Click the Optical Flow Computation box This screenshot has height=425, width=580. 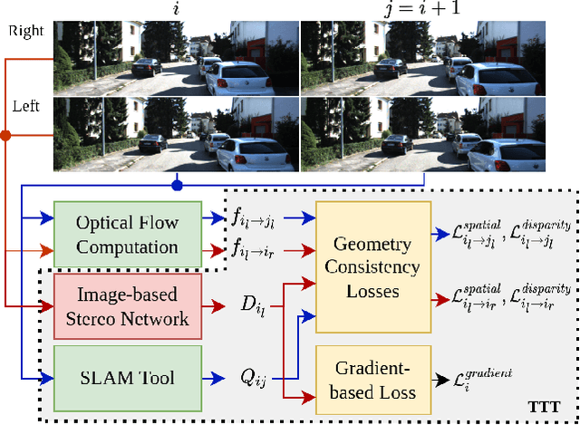[x=127, y=234]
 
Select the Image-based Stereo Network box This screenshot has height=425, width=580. [x=127, y=307]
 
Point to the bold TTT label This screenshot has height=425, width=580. [x=543, y=406]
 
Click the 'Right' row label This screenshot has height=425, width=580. [x=25, y=30]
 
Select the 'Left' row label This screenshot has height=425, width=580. [x=25, y=106]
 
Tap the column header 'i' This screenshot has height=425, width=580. [x=175, y=8]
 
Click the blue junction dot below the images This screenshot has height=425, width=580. [x=178, y=186]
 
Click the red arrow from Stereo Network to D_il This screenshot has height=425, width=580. [x=215, y=307]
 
